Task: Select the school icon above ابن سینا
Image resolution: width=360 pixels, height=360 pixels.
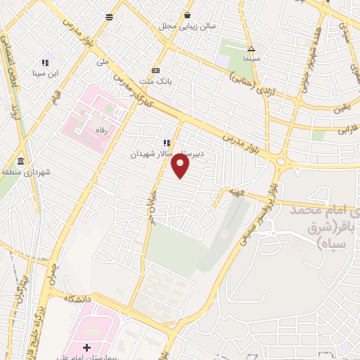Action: coord(46,61)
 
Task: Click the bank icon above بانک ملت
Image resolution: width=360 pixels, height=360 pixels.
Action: coord(155,70)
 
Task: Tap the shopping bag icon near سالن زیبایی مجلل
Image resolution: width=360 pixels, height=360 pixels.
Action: coord(187,15)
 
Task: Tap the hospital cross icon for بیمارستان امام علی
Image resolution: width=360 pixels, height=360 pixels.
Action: coord(86,347)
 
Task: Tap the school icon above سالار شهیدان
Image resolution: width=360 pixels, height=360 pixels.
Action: coord(167,143)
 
